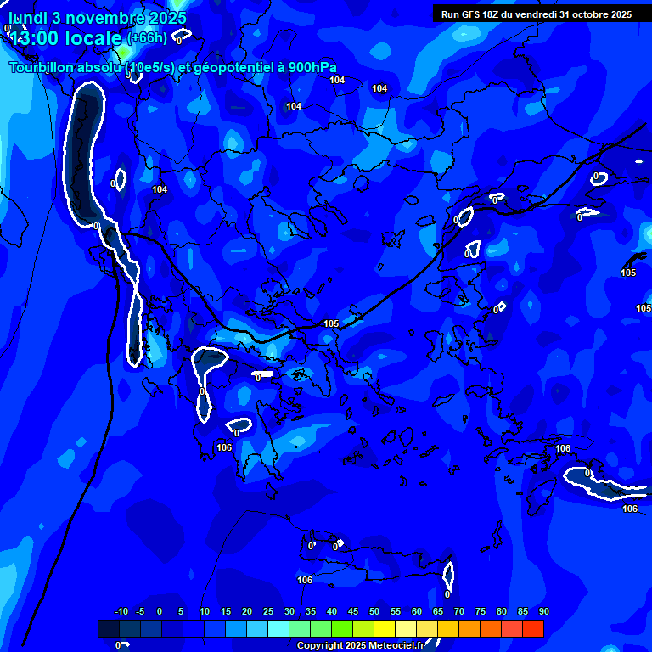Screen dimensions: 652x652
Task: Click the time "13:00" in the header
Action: click(34, 37)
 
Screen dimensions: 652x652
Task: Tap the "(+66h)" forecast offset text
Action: click(147, 37)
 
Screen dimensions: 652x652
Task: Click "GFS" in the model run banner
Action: click(470, 14)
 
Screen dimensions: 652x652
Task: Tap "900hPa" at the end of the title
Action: click(312, 68)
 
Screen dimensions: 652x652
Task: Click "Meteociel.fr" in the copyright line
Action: click(391, 646)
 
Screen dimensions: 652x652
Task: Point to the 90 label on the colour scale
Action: click(543, 611)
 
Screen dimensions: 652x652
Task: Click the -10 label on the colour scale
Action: click(121, 611)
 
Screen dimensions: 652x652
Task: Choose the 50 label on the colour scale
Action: click(374, 611)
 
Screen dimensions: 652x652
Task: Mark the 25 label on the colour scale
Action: click(268, 611)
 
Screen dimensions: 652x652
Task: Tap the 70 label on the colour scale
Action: click(459, 611)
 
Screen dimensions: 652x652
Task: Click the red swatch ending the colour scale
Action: click(532, 628)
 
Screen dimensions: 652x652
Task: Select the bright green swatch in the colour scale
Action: click(341, 628)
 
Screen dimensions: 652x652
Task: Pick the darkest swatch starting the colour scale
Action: click(108, 628)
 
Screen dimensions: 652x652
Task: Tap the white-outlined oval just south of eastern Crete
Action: click(448, 576)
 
